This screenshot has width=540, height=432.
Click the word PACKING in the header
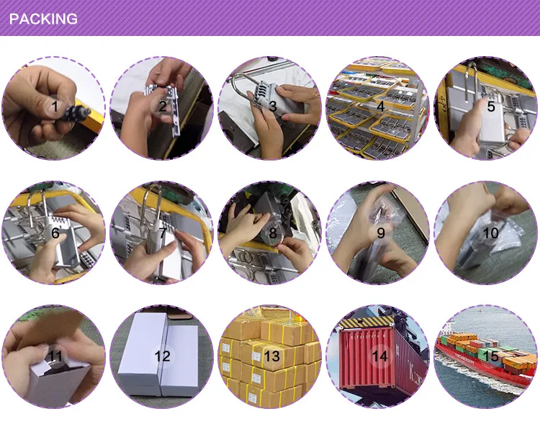(x=43, y=19)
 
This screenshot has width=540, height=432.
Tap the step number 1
(x=55, y=107)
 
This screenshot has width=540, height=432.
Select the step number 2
(x=163, y=106)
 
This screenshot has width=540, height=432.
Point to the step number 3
(x=273, y=106)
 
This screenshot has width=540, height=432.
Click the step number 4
(x=381, y=106)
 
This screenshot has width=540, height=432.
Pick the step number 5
(x=491, y=106)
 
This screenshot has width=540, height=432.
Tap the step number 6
(x=55, y=233)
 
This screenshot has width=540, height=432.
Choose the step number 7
(x=163, y=233)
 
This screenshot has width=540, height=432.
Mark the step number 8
(x=273, y=233)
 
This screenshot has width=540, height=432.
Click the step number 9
(x=381, y=233)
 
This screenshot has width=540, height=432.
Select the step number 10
(x=491, y=233)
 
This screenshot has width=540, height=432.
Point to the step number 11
(x=55, y=356)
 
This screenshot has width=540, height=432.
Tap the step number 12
(x=163, y=356)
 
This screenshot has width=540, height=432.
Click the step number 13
(x=272, y=356)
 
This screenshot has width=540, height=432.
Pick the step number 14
(x=380, y=356)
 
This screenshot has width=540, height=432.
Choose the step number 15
(x=491, y=356)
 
